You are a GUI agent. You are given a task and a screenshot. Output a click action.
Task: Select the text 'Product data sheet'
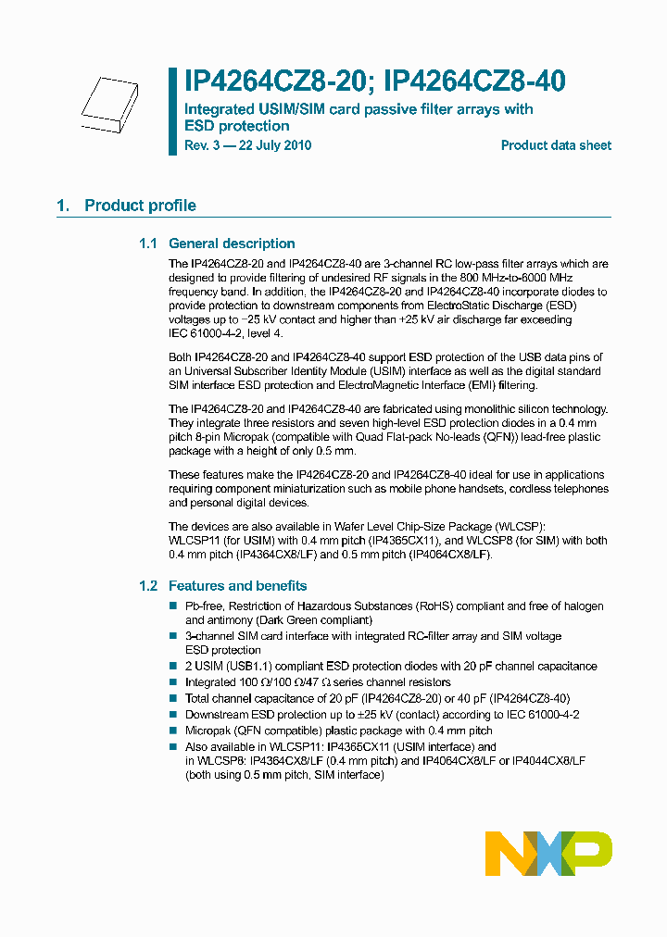pos(556,145)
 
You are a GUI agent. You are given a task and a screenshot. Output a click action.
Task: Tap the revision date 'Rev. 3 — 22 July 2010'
pos(248,145)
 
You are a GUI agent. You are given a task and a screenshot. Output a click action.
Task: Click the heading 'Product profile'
pos(140,206)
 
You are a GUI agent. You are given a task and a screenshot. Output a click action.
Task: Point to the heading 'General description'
pos(232,244)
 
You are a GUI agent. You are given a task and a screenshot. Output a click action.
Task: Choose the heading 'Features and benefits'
pos(237,586)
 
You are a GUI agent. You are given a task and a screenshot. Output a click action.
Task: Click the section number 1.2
pos(148,586)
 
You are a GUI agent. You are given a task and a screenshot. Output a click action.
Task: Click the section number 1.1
pos(148,244)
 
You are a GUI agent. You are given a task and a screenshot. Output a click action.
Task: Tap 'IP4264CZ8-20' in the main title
pos(266,81)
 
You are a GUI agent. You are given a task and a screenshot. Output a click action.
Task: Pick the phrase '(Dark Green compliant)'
pos(313,619)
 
